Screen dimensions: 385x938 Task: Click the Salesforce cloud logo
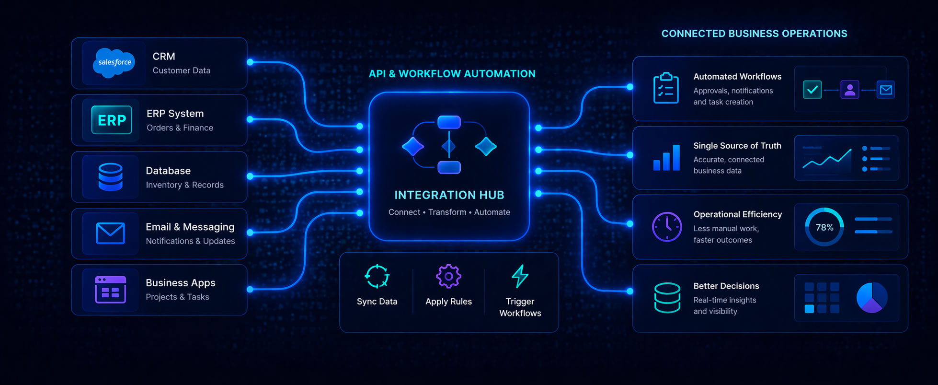[114, 62]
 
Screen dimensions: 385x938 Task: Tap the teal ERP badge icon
[112, 120]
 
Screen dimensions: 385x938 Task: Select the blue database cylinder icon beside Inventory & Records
[110, 177]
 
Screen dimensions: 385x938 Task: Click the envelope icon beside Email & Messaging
[110, 233]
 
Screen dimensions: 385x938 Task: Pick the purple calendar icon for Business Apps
[110, 290]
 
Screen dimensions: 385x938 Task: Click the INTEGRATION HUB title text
[449, 195]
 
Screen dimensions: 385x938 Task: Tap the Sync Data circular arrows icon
[377, 276]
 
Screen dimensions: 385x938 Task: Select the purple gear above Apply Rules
[448, 276]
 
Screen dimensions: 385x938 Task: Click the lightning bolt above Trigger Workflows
[520, 276]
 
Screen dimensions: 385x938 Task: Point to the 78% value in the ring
[824, 227]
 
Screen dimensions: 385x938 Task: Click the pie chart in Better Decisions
[871, 298]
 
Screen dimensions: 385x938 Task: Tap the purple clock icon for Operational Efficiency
[666, 227]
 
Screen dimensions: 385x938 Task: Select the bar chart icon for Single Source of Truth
[666, 158]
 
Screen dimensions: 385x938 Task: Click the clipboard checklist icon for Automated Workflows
[666, 88]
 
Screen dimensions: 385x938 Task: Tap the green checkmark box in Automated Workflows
[812, 90]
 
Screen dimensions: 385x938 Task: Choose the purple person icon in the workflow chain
[849, 90]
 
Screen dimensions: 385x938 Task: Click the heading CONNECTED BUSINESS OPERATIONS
[754, 34]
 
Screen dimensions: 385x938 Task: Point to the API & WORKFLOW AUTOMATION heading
[452, 74]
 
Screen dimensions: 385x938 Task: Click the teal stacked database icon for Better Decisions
[667, 298]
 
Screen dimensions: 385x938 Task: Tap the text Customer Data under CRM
[181, 70]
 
